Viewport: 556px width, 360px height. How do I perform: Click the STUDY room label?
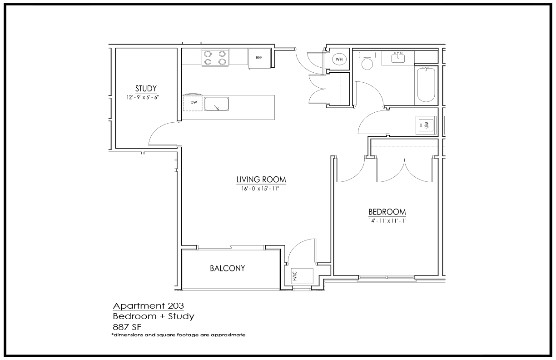146,89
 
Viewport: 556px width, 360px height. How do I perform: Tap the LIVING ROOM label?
261,180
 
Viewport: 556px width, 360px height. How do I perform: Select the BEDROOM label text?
387,212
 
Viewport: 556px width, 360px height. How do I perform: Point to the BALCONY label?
228,268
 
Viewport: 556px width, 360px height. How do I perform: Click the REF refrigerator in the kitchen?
259,58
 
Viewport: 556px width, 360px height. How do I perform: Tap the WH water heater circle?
339,59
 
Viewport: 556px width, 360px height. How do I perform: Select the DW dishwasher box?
193,103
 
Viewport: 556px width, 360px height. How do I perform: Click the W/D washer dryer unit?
426,125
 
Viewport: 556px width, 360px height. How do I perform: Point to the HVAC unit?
302,276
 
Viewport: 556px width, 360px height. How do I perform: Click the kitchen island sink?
216,104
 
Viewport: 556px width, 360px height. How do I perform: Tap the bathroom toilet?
367,60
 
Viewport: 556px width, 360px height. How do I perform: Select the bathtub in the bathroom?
426,85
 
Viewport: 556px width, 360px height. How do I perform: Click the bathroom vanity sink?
398,58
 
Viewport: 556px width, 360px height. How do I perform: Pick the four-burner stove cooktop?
215,58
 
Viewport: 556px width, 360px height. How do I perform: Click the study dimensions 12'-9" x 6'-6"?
143,97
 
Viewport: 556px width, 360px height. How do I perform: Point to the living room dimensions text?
260,189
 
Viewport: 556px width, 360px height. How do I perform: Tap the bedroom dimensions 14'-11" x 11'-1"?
387,220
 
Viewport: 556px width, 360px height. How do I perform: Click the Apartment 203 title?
149,305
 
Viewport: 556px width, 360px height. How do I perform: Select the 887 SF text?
127,327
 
